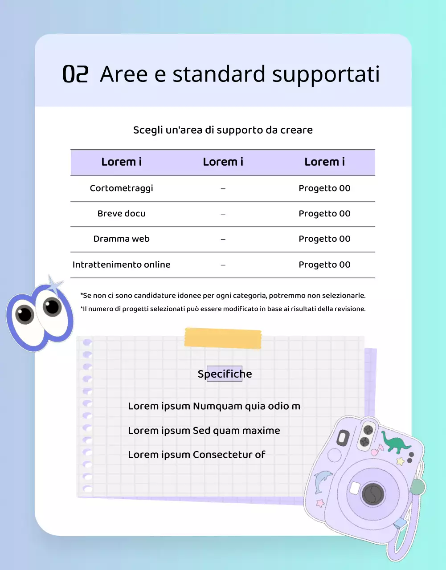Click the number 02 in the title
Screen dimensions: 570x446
point(75,74)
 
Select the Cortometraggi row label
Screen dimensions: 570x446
point(121,188)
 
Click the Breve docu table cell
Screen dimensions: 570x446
point(121,214)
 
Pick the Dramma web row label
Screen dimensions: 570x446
point(121,239)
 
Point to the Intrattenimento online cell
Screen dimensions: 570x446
point(121,265)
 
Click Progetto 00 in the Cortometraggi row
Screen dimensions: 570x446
point(324,188)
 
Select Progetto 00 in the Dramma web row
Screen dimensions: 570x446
point(324,239)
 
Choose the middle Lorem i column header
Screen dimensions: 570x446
point(223,162)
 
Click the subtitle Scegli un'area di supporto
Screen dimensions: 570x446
point(223,130)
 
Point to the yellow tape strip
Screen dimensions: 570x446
point(223,338)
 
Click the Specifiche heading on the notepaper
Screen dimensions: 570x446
point(225,374)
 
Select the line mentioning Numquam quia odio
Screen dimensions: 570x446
point(214,406)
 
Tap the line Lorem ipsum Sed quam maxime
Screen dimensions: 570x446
point(204,431)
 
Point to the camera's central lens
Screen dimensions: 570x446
point(372,493)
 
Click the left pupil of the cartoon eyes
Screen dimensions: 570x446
point(25,314)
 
